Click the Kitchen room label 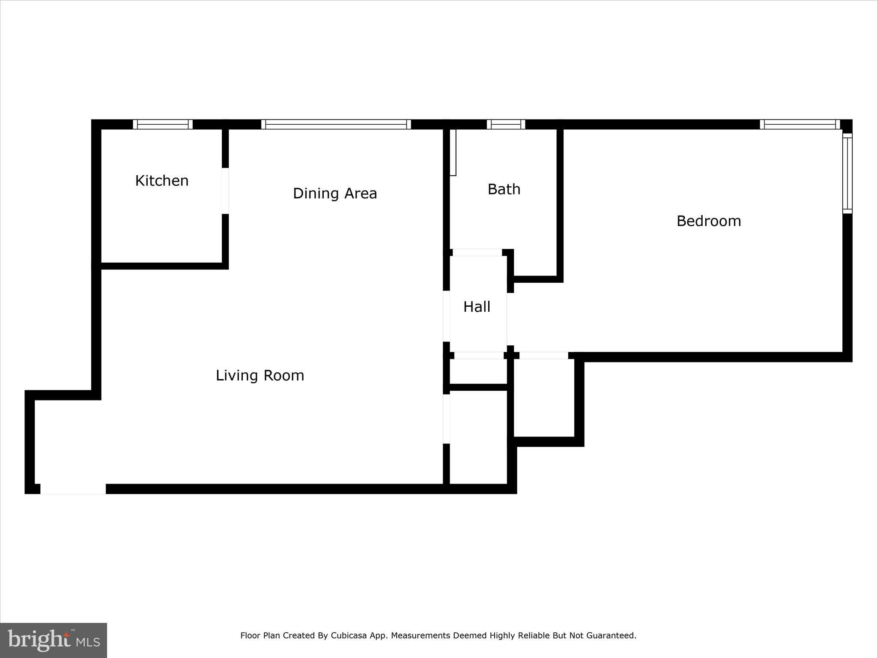coord(162,181)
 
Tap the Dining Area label coord(335,194)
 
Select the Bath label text coord(504,189)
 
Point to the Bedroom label coord(709,221)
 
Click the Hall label coord(477,307)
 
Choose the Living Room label coord(260,376)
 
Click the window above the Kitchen coord(163,124)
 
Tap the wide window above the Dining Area coord(336,124)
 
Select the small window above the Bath coord(506,124)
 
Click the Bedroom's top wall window coord(800,124)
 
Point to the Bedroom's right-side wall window coord(847,173)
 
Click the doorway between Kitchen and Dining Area coord(225,191)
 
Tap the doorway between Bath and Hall coord(477,253)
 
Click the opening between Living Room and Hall coord(446,316)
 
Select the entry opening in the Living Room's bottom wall coord(73,489)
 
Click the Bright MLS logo coord(54,640)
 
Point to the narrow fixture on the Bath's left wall coord(453,153)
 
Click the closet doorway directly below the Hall coord(479,356)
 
